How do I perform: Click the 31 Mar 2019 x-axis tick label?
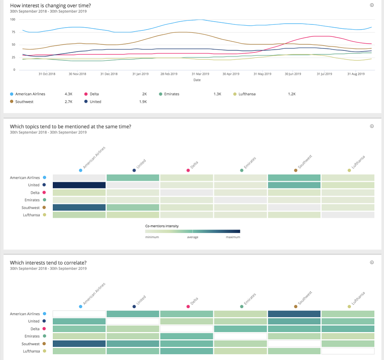coord(200,74)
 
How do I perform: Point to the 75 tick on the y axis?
coord(13,32)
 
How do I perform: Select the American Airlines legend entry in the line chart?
coord(28,94)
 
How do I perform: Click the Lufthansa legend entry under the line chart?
coord(244,94)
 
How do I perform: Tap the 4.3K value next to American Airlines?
coord(68,94)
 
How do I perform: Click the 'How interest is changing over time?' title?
coord(50,5)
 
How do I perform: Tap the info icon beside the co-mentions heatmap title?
coord(372,126)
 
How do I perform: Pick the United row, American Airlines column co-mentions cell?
coord(79,185)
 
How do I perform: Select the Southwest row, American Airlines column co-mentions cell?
coord(79,207)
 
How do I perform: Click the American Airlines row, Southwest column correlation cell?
coord(294,314)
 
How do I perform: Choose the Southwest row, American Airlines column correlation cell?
coord(79,344)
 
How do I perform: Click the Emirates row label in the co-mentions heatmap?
coord(32,200)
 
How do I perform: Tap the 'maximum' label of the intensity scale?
coord(233,237)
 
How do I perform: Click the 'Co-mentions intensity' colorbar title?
coord(162,226)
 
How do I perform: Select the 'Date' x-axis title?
coord(197,80)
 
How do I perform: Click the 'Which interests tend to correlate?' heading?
coord(48,263)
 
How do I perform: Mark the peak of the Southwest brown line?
coord(183,32)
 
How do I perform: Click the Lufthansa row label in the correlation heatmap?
coord(31,351)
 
